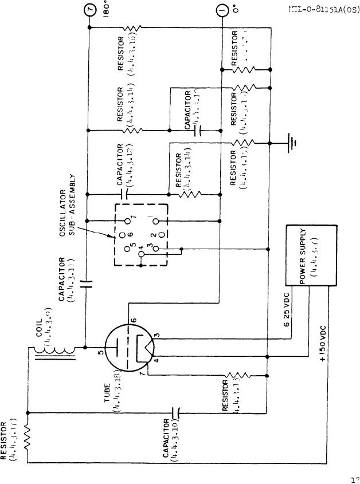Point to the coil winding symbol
(x=56, y=348)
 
